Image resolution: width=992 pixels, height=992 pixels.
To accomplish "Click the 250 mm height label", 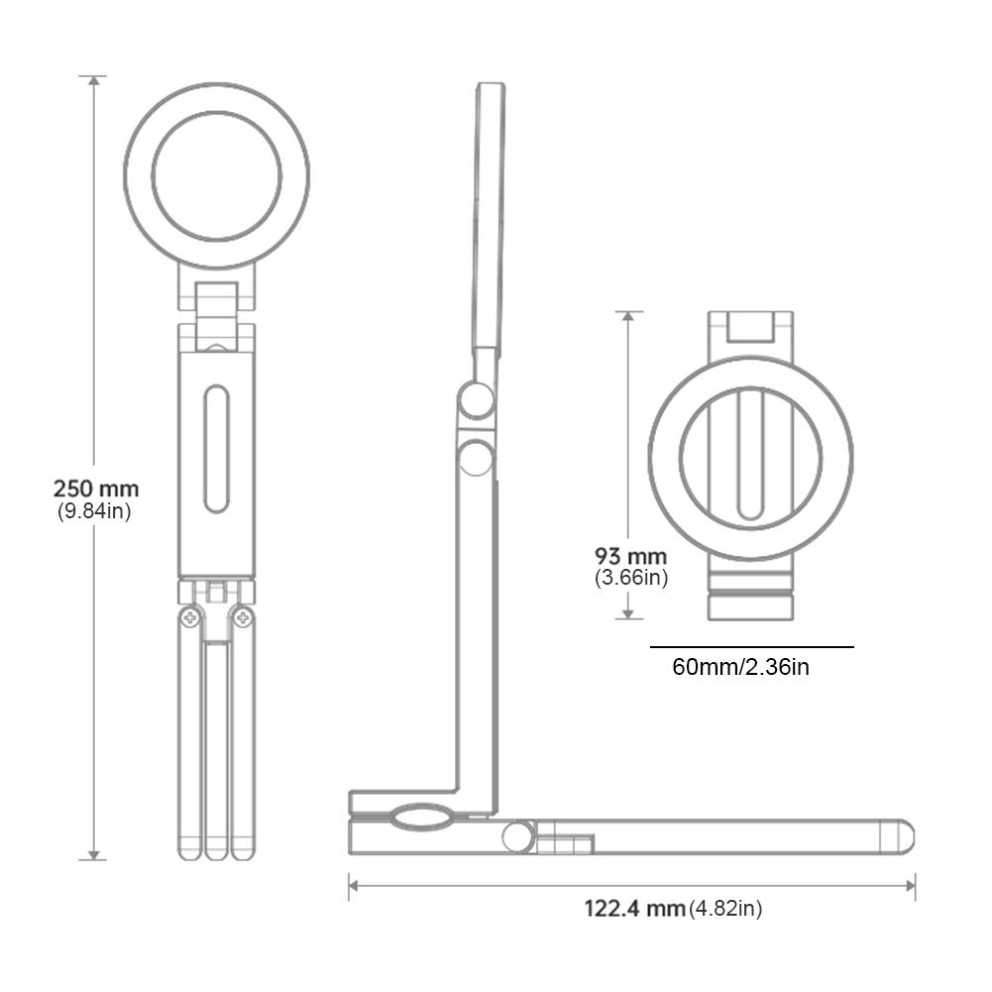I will point(96,489).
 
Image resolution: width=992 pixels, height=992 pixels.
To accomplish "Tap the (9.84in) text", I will point(94,511).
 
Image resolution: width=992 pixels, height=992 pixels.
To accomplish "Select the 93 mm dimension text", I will point(630,556).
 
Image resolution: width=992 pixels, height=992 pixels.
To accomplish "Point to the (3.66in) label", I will point(631,578).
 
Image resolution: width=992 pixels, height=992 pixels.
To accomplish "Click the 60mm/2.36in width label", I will point(740,667).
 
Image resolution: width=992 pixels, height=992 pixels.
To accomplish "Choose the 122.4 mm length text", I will point(634,908).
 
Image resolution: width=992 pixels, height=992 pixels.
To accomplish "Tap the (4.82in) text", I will point(725,908).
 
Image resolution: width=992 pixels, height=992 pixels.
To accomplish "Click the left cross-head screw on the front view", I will point(188,618).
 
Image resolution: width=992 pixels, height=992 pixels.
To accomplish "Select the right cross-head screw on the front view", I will point(243,618).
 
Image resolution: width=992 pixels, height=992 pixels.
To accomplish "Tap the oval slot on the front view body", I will point(216,449).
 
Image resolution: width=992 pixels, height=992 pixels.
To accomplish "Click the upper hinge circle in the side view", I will point(477,400).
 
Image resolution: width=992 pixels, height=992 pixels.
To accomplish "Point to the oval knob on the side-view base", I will point(419,818).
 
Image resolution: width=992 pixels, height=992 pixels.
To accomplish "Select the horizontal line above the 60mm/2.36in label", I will point(751,647).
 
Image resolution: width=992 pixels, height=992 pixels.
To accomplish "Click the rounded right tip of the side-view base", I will point(904,836).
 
